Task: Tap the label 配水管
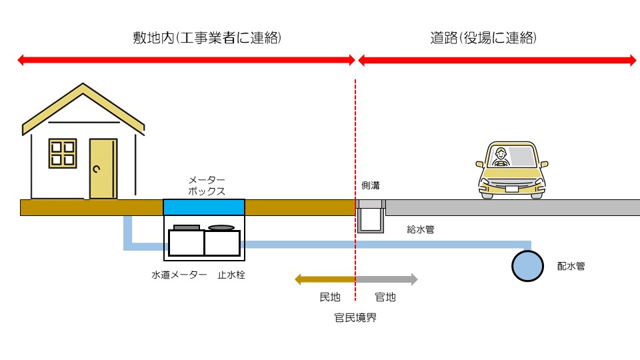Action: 571,265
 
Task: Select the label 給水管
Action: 421,229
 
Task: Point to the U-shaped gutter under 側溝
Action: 371,218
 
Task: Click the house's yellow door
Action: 103,169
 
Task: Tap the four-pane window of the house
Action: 63,153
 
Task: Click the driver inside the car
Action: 500,159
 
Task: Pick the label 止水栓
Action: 231,275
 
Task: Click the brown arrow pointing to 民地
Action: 325,279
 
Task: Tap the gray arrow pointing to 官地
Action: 387,279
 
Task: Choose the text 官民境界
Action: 355,317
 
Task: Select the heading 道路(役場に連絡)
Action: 483,38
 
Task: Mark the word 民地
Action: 330,297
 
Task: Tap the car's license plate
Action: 512,188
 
